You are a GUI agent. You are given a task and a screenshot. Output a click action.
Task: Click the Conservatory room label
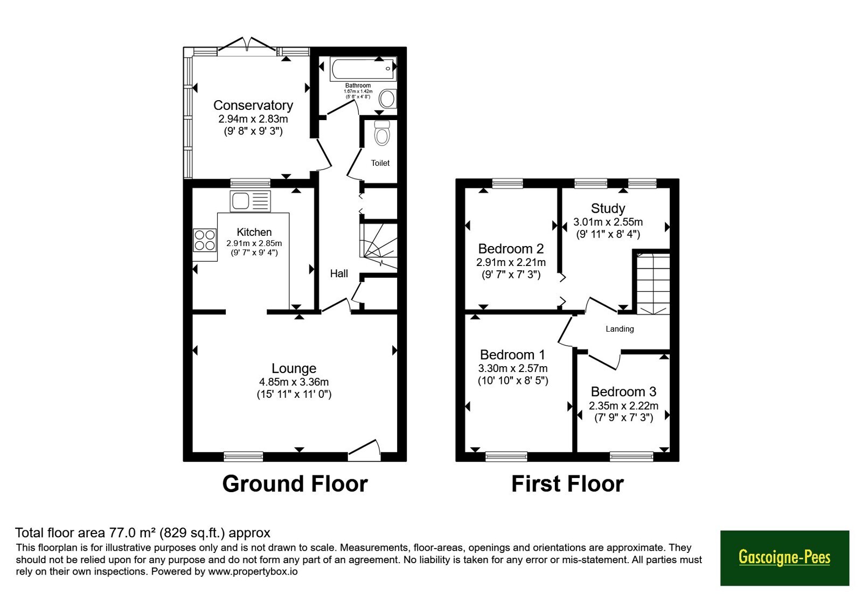click(x=253, y=106)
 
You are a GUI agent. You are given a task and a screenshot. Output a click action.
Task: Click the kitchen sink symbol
click(x=250, y=201)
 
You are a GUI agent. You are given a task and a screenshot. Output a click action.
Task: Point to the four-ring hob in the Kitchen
click(x=205, y=240)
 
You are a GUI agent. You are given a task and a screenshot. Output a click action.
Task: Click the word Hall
click(x=339, y=274)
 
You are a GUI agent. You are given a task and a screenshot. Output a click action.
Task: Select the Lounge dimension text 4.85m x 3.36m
click(x=294, y=382)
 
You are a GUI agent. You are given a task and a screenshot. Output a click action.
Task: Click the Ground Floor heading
click(x=295, y=484)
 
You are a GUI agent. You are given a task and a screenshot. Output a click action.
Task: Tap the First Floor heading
click(x=567, y=484)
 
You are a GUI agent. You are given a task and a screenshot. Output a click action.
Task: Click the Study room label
click(x=608, y=208)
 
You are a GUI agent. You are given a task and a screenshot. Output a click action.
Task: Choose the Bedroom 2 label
click(x=511, y=249)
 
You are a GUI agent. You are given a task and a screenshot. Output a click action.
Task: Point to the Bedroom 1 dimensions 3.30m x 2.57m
click(x=513, y=368)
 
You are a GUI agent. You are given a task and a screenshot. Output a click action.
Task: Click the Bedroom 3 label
click(x=623, y=391)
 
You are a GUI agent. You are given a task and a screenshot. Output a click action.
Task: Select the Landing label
click(x=620, y=329)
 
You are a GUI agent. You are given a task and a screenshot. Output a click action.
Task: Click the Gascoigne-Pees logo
click(x=784, y=558)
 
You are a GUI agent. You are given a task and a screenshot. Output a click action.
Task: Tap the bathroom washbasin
click(x=388, y=99)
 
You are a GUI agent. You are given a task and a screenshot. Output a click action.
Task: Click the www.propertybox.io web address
click(x=253, y=571)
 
